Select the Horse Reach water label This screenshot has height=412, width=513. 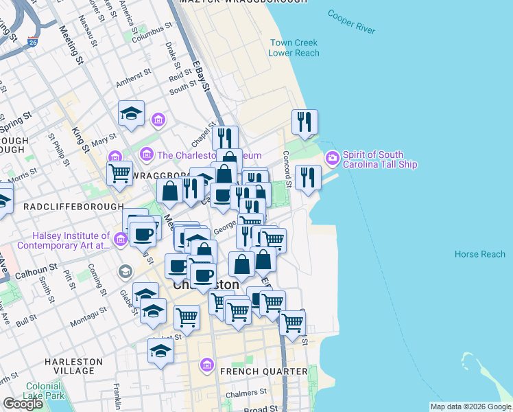pos(479,255)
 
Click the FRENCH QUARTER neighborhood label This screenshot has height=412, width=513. pos(264,371)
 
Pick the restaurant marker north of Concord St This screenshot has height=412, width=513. pos(304,122)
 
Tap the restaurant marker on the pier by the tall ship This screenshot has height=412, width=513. pos(307,178)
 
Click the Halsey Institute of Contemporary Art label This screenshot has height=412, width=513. pos(63,240)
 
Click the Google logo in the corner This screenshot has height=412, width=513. pos(23,404)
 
